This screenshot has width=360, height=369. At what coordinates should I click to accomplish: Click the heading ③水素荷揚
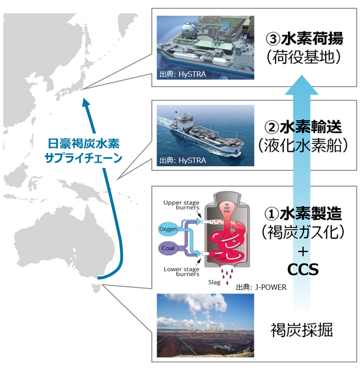click(304, 39)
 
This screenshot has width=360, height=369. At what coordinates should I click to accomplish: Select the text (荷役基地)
click(304, 58)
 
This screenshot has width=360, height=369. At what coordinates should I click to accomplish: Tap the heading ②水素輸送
click(304, 127)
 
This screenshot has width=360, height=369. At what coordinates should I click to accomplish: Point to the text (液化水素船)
click(304, 146)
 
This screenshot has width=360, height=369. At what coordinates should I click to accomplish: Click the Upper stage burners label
click(178, 206)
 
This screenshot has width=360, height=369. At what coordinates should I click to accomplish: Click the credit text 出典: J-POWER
click(262, 287)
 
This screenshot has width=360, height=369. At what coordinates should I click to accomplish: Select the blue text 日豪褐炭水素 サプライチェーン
click(82, 150)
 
